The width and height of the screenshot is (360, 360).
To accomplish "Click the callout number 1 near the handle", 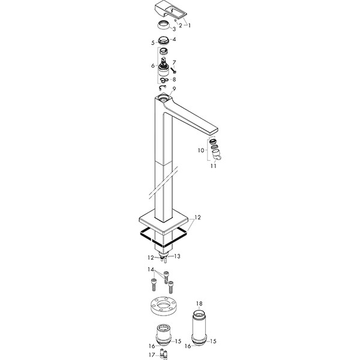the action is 189,25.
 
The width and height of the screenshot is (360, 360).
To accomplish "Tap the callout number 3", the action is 174,29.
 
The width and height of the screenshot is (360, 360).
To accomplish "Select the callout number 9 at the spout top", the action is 174,89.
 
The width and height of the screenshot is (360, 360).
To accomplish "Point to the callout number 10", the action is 201,151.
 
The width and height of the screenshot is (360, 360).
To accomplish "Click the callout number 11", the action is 214,166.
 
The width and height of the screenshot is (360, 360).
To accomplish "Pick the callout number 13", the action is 177,256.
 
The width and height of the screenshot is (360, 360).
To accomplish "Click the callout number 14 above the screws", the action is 151,269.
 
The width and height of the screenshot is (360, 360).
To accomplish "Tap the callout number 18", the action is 199,304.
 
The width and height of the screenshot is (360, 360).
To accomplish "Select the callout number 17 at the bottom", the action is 152,355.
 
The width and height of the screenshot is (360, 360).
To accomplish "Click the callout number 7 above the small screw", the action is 174,62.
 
